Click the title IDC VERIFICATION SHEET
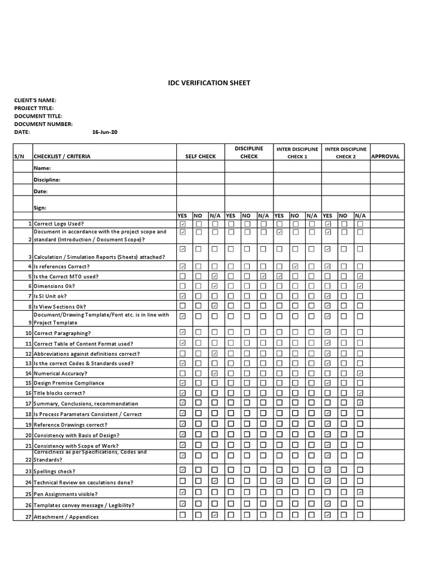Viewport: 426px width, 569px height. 209,83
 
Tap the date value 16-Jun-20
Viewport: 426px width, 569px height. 104,132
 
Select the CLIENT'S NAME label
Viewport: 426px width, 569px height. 35,101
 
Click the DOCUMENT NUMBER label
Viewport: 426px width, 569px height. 43,124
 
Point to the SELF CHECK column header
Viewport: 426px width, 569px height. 200,157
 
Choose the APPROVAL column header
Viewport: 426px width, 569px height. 386,157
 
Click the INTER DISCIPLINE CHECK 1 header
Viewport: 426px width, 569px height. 297,152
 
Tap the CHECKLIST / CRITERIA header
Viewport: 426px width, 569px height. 62,157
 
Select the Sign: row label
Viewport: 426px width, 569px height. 40,207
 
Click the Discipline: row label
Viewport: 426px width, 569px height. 47,179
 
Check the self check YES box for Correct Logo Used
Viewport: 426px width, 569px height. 183,223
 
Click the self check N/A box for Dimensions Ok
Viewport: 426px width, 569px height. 215,286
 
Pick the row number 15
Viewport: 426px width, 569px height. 29,383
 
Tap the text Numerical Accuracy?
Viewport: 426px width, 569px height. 61,373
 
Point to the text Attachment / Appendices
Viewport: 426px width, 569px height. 66,517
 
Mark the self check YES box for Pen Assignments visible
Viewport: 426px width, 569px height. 183,492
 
